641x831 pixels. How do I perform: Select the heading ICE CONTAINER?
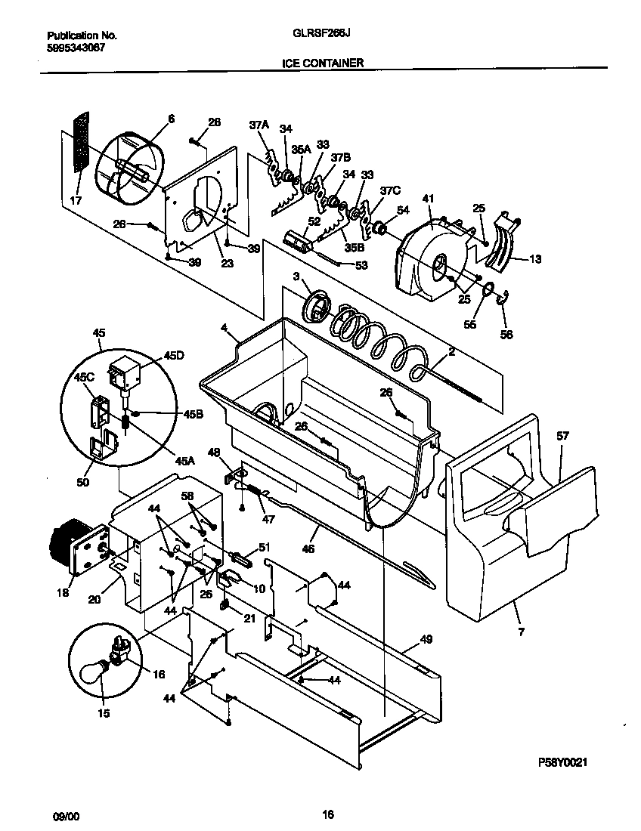(324, 63)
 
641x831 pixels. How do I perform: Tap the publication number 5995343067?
(76, 47)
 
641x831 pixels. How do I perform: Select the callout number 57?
(563, 436)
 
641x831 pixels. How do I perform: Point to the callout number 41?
(428, 199)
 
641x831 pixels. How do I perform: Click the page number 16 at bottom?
(327, 814)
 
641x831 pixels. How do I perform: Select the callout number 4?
(224, 327)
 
